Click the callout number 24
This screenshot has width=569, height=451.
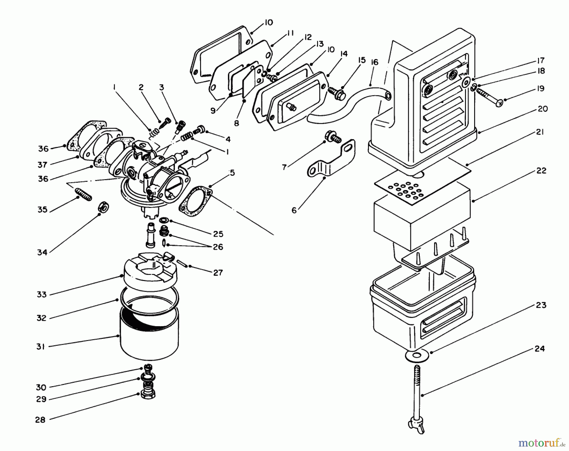point(540,349)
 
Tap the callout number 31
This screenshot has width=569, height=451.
point(40,347)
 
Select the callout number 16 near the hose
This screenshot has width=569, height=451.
point(374,62)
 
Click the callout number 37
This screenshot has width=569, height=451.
point(42,165)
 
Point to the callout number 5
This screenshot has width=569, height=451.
point(232,173)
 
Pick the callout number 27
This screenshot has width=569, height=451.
point(218,272)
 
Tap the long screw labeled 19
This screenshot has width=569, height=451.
point(488,96)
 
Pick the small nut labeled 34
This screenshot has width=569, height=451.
point(103,207)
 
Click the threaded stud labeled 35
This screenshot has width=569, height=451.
point(83,194)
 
